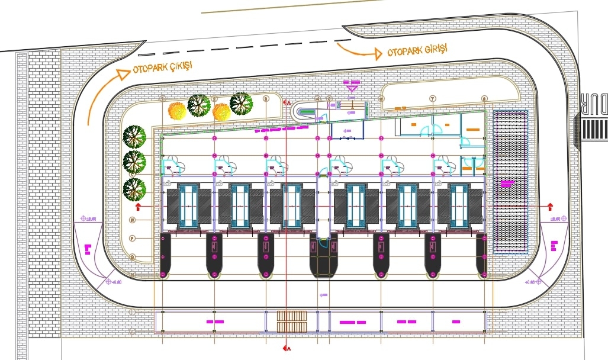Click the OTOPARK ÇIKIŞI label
point(163,67)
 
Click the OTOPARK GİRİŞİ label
point(417,50)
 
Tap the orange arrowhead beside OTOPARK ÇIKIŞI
point(122,74)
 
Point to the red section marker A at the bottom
point(286,348)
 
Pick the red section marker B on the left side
point(138,207)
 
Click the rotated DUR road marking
point(594,103)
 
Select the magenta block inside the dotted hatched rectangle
point(506,184)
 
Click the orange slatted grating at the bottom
point(291,322)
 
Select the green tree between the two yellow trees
point(200,105)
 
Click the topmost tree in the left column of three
point(134,136)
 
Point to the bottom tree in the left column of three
point(134,189)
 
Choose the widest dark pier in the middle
point(323,255)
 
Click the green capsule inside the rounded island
point(307,111)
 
